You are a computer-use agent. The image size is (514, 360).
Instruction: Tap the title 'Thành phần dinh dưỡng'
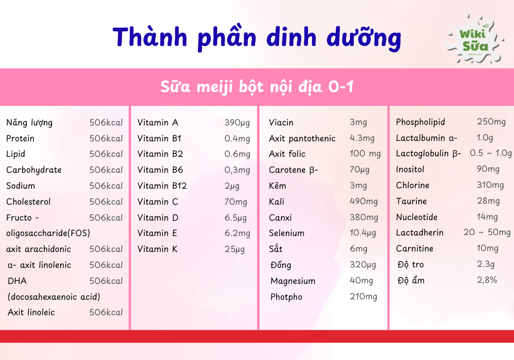[256, 37]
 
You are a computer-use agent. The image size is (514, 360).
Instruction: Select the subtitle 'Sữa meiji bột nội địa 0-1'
[256, 87]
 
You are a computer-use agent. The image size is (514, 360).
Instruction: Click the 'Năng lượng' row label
[29, 123]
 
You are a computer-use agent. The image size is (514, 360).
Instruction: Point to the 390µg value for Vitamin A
[237, 123]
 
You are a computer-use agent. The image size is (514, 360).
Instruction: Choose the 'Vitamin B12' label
[162, 186]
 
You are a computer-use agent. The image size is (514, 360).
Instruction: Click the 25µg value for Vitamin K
[234, 249]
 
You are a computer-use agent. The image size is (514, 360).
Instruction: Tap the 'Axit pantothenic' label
[302, 139]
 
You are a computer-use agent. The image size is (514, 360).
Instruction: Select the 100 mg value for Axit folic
[365, 154]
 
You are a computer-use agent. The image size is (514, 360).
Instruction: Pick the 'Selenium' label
[286, 233]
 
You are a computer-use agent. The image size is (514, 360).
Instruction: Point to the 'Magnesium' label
[293, 281]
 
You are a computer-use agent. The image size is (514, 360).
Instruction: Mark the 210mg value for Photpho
[363, 297]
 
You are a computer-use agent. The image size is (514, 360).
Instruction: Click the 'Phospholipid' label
[420, 122]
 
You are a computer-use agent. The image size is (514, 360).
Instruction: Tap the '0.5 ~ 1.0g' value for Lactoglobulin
[491, 153]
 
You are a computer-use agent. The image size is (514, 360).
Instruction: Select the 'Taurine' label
[411, 201]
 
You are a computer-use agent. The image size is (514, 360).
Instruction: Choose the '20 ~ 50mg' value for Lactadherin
[487, 232]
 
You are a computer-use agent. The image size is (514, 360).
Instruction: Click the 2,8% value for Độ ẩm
[487, 280]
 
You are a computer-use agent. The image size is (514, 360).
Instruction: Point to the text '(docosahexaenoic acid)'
[54, 297]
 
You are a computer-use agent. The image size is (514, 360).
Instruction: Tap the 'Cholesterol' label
[28, 202]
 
